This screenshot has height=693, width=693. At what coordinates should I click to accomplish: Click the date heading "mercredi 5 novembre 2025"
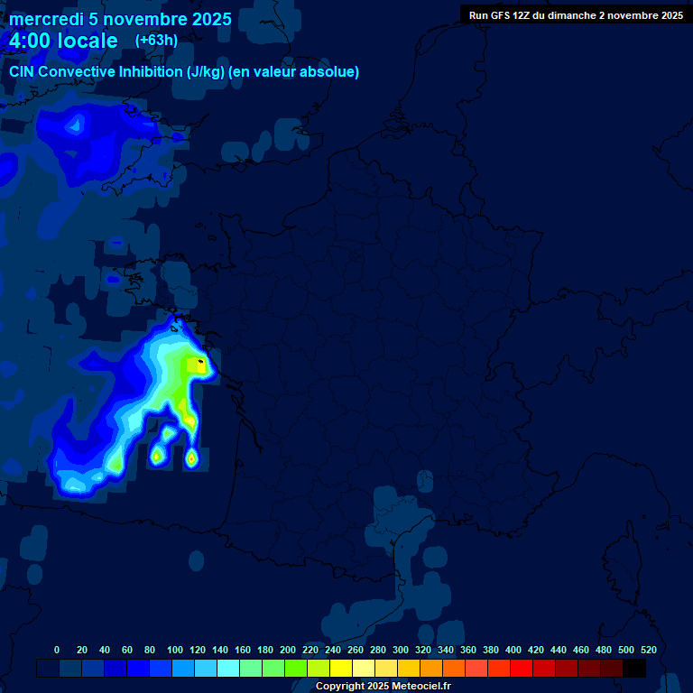(120, 19)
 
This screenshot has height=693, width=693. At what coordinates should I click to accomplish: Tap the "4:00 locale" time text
(63, 41)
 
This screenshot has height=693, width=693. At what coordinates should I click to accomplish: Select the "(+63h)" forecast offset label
(156, 40)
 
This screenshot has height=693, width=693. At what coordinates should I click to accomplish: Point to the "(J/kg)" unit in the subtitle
(207, 72)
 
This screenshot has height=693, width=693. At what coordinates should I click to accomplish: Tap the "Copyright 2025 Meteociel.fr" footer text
(382, 687)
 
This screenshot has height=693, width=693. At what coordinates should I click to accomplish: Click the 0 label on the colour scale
(57, 650)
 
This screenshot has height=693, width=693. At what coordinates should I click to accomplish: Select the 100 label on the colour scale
(175, 650)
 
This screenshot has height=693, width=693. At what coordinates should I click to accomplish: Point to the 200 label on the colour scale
(288, 650)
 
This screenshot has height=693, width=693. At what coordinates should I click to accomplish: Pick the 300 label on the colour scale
(401, 650)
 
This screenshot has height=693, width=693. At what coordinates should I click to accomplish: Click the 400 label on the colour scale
(513, 650)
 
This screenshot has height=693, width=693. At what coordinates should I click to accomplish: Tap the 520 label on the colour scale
(649, 650)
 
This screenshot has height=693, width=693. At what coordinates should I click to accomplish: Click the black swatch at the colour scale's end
(634, 668)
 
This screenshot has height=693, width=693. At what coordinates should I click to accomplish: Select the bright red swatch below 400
(522, 668)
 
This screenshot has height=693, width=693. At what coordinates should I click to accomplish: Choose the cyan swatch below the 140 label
(228, 668)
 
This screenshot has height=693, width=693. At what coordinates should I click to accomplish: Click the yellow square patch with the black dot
(195, 365)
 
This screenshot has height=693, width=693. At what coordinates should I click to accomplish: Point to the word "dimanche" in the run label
(569, 15)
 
